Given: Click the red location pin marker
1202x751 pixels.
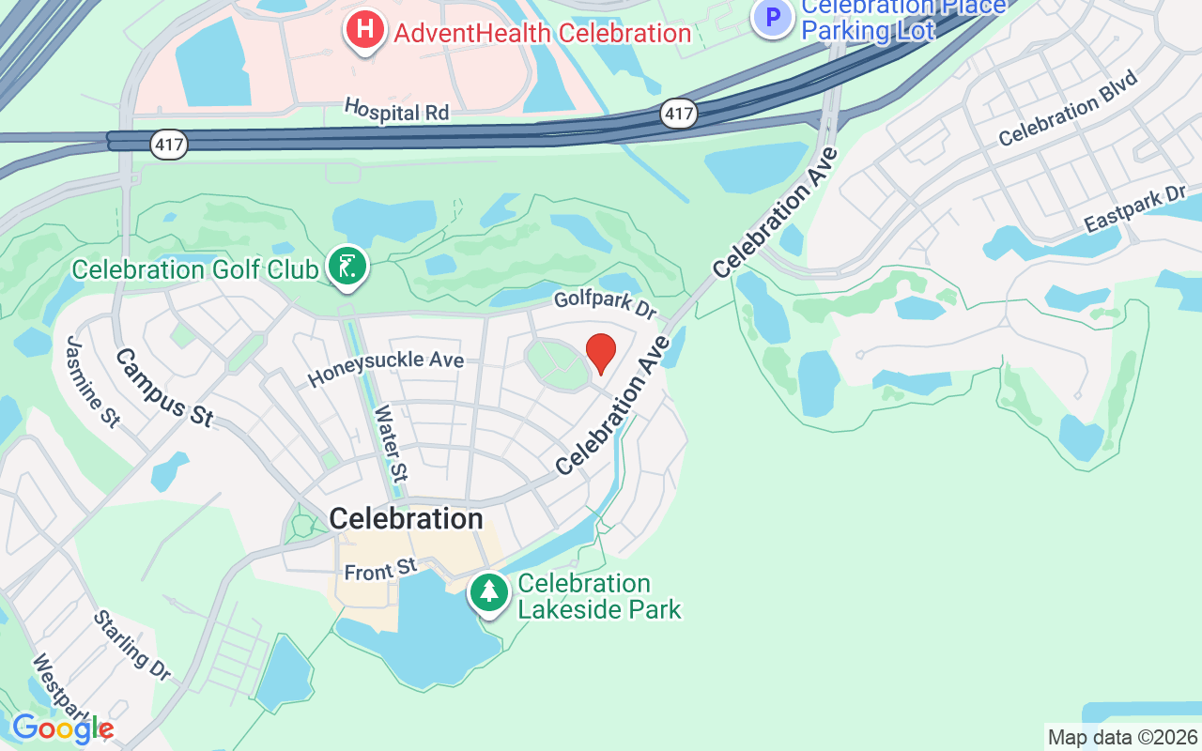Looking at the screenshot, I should coord(601,354).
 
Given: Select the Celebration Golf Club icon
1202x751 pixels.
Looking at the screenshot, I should coord(347,268).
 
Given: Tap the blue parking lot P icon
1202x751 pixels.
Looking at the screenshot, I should coord(773,17).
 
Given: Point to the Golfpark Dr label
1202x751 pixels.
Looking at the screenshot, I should coord(605,303).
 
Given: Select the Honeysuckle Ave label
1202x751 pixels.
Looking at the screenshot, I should coord(386,368).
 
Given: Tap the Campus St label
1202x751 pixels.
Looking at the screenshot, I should coord(164,387).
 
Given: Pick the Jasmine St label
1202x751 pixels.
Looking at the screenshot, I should coord(91,381).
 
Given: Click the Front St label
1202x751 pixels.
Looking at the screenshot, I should coord(379,569).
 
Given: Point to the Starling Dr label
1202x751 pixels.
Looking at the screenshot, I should coord(131,645).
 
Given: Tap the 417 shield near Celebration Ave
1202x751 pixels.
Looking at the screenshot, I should coord(678,115).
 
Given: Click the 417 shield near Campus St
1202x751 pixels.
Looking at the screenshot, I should coord(169,144).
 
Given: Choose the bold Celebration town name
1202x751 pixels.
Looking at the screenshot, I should coord(406,518).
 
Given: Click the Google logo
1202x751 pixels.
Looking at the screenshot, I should coord(62,728).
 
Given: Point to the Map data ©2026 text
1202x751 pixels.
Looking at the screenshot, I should coord(1123,737).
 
